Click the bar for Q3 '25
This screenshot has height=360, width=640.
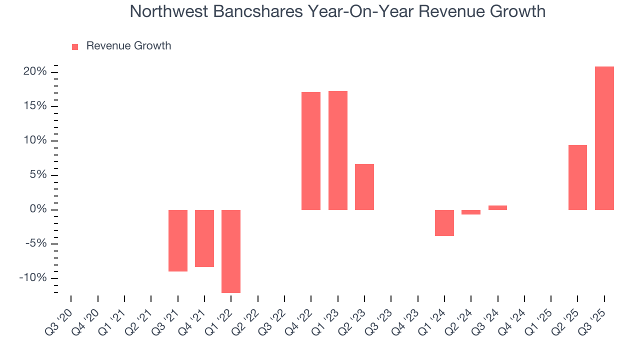604,138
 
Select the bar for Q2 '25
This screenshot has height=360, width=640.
577,177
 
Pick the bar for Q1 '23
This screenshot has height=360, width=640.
338,150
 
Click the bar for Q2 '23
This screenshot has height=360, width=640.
364,187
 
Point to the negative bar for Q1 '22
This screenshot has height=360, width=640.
231,251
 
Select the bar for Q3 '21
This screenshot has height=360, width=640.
178,240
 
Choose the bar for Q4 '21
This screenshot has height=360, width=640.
204,238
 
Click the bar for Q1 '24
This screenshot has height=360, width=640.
444,222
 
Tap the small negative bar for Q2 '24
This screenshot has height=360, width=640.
471,212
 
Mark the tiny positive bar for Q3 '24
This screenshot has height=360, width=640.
497,207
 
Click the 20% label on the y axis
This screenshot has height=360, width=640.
35,72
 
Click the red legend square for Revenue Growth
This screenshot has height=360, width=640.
75,46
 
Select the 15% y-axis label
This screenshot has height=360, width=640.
35,106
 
